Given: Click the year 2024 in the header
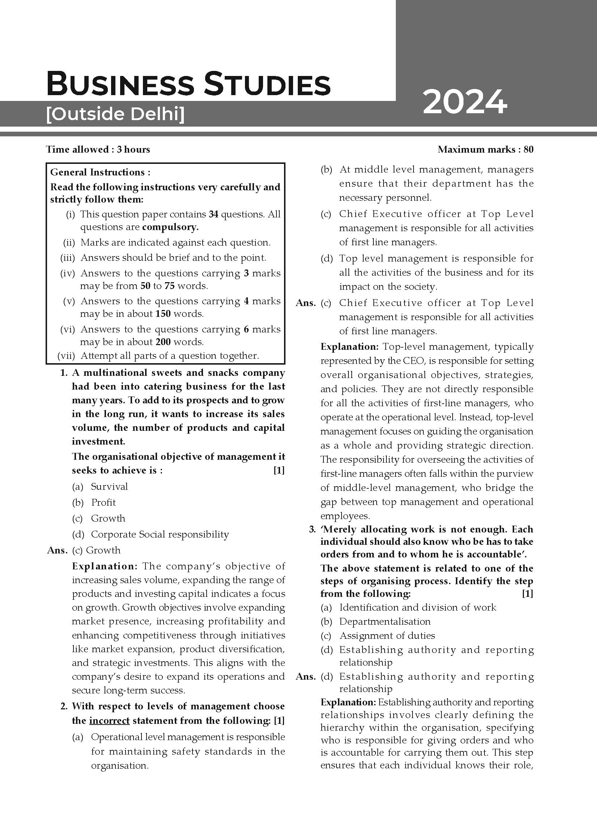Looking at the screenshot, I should pyautogui.click(x=465, y=102).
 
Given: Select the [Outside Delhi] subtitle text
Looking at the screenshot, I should pyautogui.click(x=115, y=114).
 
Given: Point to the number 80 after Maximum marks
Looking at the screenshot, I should pyautogui.click(x=528, y=149).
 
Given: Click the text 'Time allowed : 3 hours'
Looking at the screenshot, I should pyautogui.click(x=98, y=149).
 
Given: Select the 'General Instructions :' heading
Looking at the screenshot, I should pyautogui.click(x=100, y=172).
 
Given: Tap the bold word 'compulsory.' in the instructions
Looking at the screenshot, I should pyautogui.click(x=170, y=227).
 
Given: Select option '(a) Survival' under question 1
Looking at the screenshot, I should pyautogui.click(x=100, y=487).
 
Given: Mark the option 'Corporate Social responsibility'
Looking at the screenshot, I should pyautogui.click(x=160, y=534).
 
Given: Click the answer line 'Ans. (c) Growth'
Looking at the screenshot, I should pyautogui.click(x=84, y=550).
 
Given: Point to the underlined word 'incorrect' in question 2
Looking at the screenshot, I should pyautogui.click(x=109, y=721).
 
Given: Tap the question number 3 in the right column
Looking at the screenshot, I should pyautogui.click(x=312, y=529).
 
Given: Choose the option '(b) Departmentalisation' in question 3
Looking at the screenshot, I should pyautogui.click(x=375, y=621).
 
